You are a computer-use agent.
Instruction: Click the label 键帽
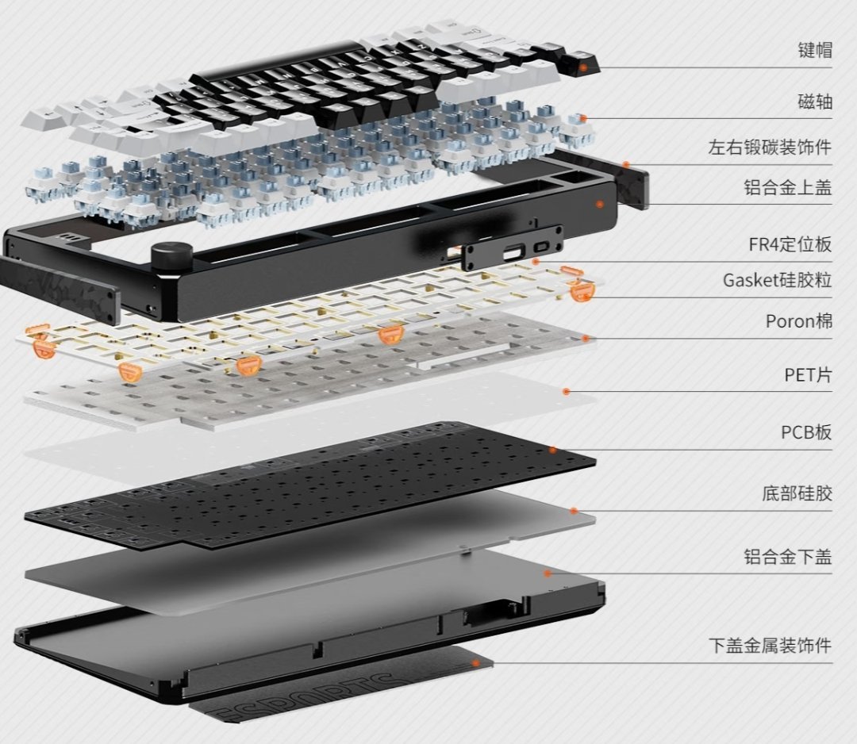[x=815, y=50]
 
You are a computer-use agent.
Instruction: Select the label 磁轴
[x=815, y=101]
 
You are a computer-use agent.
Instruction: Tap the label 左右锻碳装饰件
[x=770, y=147]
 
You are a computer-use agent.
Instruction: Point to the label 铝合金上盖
[x=788, y=187]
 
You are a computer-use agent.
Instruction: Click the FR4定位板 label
[x=790, y=244]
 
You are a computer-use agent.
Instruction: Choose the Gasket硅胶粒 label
[x=777, y=280]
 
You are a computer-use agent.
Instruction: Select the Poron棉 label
[x=799, y=321]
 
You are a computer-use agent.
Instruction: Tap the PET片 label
[x=809, y=374]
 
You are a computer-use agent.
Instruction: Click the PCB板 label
[x=806, y=432]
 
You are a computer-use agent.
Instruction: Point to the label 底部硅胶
[x=797, y=493]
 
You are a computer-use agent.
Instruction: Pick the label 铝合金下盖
[x=788, y=557]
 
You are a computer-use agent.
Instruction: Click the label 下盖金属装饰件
[x=770, y=646]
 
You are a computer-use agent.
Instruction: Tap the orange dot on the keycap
[x=584, y=67]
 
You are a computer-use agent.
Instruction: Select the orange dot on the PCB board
[x=553, y=450]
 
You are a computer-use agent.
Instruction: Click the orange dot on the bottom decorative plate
[x=475, y=662]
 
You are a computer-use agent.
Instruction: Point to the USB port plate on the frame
[x=512, y=248]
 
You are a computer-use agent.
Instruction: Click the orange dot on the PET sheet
[x=567, y=391]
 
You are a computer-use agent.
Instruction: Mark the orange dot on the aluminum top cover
[x=600, y=204]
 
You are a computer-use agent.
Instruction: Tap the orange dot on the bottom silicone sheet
[x=574, y=511]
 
